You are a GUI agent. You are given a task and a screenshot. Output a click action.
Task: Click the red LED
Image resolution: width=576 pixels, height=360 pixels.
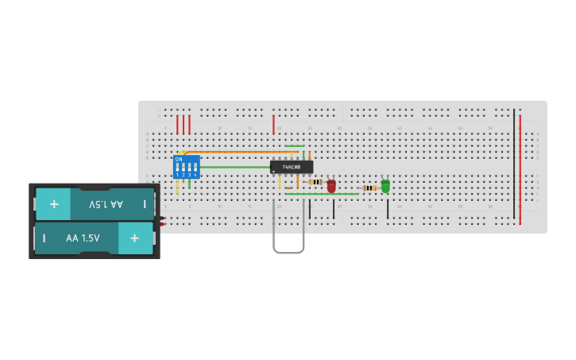pos(331,186)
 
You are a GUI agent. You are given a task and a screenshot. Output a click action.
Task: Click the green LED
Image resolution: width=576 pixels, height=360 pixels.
pos(385,186)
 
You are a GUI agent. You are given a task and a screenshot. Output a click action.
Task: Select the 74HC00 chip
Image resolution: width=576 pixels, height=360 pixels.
pos(292,167)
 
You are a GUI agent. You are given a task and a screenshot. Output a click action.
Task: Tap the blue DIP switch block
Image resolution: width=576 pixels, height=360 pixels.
pos(186,167)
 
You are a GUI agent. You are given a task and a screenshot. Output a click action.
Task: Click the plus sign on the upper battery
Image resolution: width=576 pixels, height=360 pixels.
pos(54,204)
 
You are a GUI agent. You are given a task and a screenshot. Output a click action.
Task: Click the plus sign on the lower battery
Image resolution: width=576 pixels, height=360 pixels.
pos(134,238)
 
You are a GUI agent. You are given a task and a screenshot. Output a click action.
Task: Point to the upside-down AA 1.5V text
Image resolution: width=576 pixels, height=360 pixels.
pos(106,204)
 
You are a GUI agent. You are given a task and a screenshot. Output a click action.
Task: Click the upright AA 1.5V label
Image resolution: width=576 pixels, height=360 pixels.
pos(83,238)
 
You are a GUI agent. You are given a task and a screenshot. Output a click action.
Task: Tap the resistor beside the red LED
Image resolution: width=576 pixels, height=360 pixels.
pos(315,182)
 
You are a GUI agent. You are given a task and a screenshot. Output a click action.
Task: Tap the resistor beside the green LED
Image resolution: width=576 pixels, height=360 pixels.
pos(369,188)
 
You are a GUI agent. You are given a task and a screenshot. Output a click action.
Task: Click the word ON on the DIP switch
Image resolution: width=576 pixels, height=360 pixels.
pos(179,160)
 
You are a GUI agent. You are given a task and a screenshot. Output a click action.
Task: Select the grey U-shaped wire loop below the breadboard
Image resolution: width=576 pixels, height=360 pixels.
pos(288,252)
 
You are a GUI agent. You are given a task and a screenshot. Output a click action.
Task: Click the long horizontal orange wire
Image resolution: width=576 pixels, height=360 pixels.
pos(238,152)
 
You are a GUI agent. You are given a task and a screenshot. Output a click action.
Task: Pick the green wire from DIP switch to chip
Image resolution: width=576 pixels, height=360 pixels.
pos(234,167)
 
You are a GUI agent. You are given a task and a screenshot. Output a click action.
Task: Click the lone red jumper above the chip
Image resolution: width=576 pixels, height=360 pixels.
pos(273,125)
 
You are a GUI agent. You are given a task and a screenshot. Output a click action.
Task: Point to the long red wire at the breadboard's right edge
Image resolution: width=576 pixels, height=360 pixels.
pos(520,171)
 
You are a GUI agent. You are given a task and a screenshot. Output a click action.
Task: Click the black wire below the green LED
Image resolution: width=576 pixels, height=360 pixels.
pos(388,209)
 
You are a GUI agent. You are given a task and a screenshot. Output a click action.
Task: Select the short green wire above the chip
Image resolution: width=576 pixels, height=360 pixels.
pos(295,146)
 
